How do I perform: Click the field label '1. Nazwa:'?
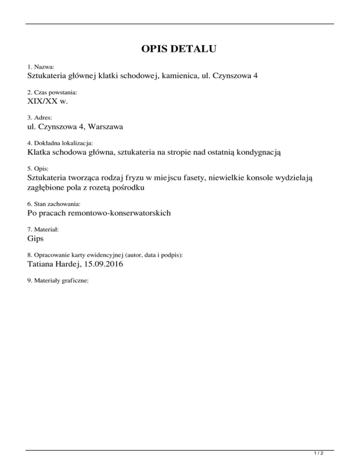(41, 68)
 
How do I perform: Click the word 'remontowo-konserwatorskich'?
(124, 213)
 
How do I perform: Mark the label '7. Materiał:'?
(43, 230)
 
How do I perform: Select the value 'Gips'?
(36, 239)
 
